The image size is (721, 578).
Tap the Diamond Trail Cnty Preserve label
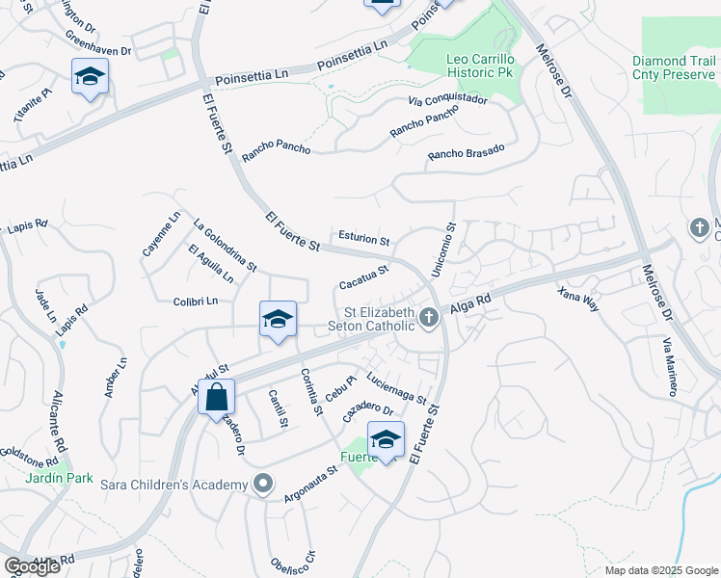[x=675, y=67]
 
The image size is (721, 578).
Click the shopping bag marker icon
[x=216, y=396]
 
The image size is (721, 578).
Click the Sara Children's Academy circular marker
[x=262, y=484]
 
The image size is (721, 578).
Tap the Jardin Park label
[x=59, y=477]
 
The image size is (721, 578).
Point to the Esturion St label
[x=364, y=239]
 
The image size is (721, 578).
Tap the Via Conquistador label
[x=447, y=99]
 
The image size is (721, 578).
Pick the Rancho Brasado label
[x=466, y=154]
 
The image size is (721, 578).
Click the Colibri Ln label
[x=196, y=302]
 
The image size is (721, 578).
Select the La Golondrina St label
[x=225, y=245]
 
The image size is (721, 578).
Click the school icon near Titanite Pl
[x=90, y=76]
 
